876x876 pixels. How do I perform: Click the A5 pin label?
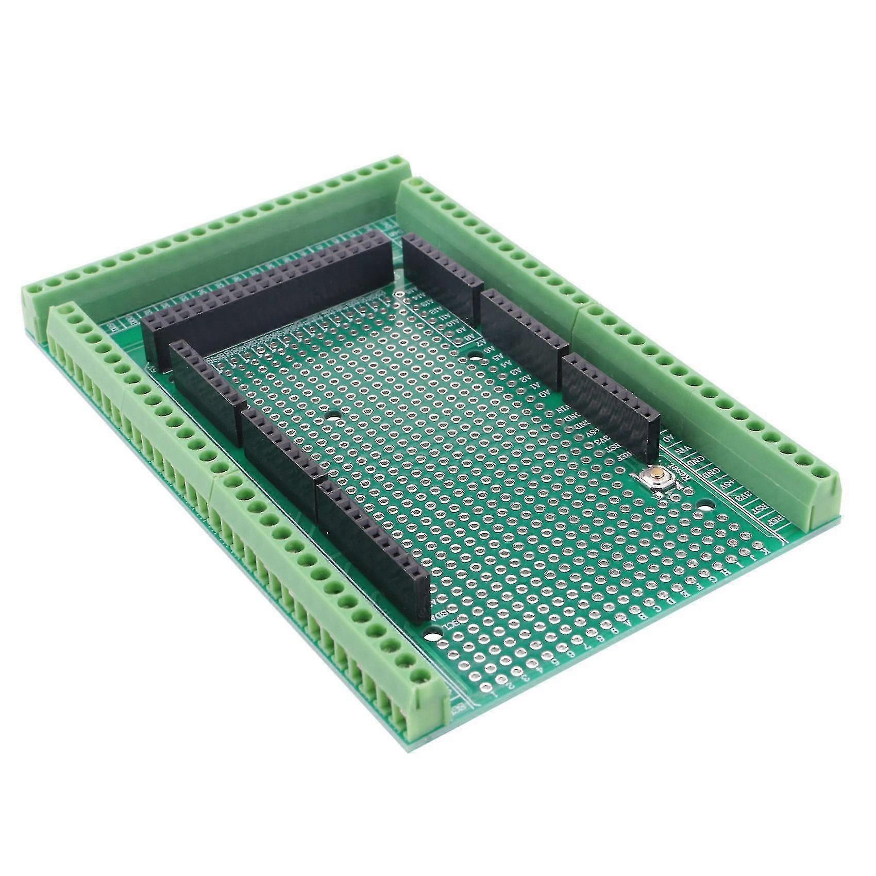tap(498, 356)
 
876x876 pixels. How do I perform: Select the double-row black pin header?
tap(268, 299)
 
